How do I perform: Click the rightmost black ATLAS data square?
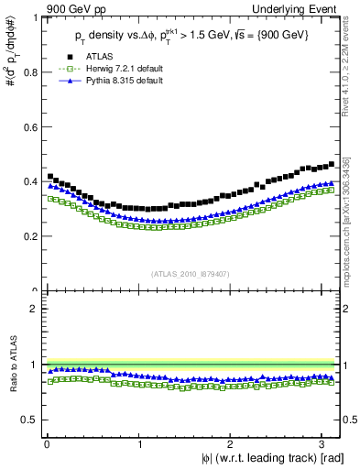click(331, 165)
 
